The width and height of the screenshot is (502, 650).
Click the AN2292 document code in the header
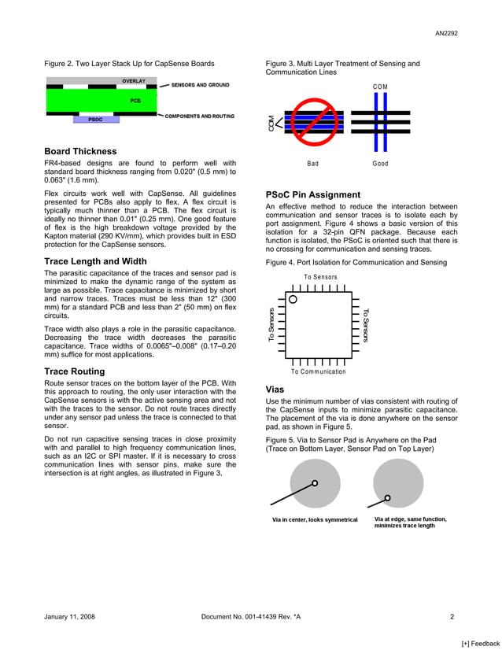pos(446,33)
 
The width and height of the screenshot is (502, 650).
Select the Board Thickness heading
pos(80,151)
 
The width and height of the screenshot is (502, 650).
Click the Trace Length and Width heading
pos(95,261)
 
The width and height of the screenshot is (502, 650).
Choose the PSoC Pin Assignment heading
pos(313,194)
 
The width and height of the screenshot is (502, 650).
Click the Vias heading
pos(275,390)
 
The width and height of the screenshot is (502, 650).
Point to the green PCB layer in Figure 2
pos(102,101)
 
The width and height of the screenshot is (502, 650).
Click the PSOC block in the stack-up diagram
pos(95,120)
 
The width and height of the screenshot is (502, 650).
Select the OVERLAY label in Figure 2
pos(133,82)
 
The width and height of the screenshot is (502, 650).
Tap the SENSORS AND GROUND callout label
pos(200,84)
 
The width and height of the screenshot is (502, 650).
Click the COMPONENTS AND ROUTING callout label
pos(199,116)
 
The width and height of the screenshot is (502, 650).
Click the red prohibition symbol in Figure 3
pos(312,122)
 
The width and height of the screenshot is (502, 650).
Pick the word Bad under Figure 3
pos(312,164)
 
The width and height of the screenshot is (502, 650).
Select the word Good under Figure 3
pos(380,164)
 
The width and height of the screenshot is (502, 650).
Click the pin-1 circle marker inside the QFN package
pos(293,299)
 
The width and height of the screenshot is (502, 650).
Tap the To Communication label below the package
pos(318,371)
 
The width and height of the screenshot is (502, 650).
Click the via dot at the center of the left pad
pos(315,483)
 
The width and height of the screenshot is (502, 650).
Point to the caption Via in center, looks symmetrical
pos(315,519)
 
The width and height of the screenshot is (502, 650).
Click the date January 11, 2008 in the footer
pos(69,617)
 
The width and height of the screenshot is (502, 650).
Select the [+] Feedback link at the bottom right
pos(480,643)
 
